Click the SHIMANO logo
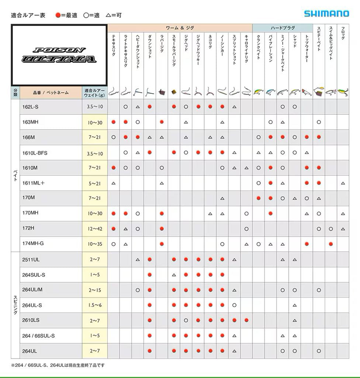326,14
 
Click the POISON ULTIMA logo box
59,55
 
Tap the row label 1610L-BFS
35,153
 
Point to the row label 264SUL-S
34,275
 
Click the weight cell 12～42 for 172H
95,229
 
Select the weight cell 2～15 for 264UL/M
95,290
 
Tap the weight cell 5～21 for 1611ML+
95,183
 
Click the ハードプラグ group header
283,28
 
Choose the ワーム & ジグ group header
180,28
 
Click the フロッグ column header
343,33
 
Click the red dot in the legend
58,15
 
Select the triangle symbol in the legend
108,15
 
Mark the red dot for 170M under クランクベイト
259,198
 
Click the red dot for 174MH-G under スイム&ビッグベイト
331,244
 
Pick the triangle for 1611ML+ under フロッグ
343,183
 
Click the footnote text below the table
58,365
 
